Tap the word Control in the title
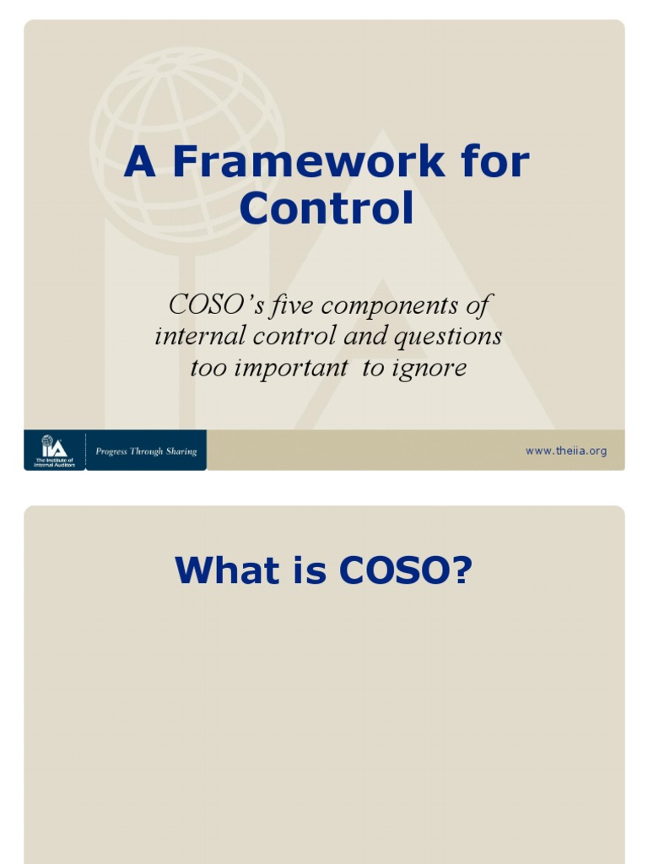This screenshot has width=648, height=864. (x=327, y=208)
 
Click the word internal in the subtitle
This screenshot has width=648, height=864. (x=192, y=336)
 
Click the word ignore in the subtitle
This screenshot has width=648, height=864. (x=429, y=368)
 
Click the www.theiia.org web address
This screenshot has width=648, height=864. (x=565, y=451)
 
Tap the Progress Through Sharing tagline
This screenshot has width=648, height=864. (x=146, y=451)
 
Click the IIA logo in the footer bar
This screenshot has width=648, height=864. (x=54, y=450)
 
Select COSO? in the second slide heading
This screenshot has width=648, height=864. (x=405, y=571)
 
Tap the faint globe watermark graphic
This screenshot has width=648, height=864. (x=187, y=127)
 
